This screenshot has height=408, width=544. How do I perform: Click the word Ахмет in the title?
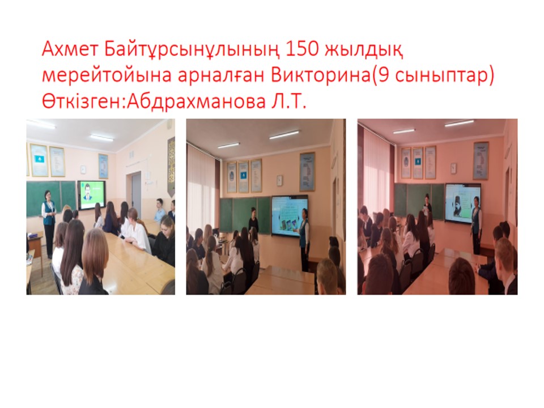(69, 49)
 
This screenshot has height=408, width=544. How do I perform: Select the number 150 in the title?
(301, 49)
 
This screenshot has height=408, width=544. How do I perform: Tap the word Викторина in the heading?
(321, 75)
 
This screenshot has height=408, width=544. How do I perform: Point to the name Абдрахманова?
(196, 101)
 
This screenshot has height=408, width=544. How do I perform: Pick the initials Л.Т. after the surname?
(288, 101)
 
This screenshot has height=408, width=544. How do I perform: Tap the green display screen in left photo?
(91, 195)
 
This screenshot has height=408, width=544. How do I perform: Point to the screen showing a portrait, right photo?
(463, 202)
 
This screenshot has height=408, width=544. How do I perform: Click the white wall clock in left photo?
(83, 169)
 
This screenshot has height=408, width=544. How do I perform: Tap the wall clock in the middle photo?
(279, 180)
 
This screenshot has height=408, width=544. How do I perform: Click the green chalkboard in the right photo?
(419, 200)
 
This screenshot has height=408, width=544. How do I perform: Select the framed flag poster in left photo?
(39, 160)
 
